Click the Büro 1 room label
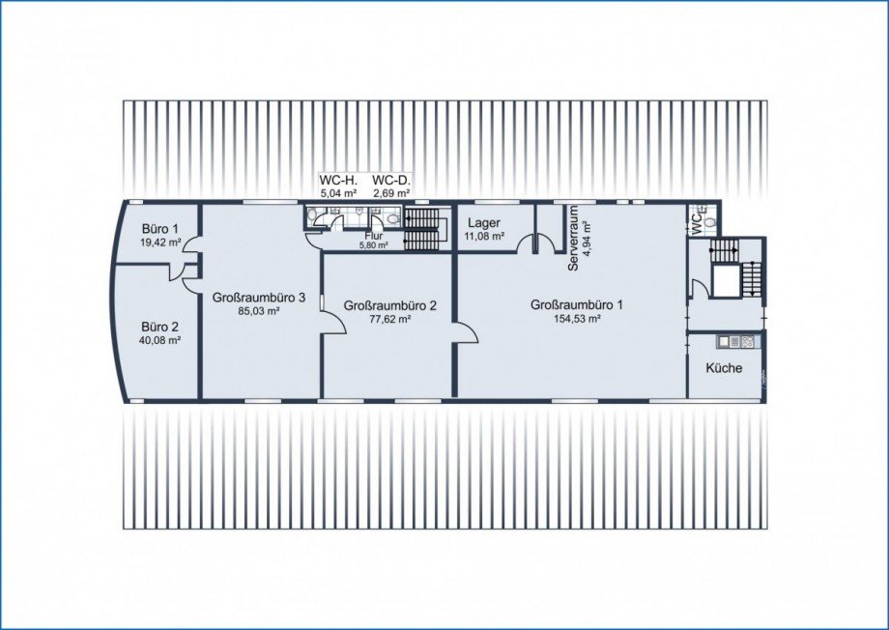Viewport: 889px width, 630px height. tap(159, 229)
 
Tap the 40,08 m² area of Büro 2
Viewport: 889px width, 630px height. tap(159, 340)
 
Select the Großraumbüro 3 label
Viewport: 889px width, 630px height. tap(260, 298)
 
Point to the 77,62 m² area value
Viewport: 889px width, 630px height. tap(390, 319)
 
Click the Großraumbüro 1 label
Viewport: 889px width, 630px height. tap(577, 304)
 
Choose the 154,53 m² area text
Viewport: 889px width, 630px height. tap(577, 319)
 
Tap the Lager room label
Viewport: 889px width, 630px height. tap(483, 223)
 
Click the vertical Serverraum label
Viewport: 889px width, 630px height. tap(573, 238)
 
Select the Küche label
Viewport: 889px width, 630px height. tap(724, 367)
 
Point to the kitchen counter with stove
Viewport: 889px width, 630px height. tap(735, 341)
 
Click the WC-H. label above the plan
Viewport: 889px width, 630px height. tap(338, 181)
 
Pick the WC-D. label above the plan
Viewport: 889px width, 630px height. tap(391, 181)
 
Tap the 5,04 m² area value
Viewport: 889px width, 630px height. tap(338, 193)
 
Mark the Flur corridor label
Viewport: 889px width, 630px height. tap(374, 236)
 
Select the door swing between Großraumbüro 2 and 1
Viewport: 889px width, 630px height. tap(466, 332)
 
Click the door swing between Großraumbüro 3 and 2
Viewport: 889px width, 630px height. tap(333, 324)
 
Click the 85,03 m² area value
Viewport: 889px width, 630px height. tap(260, 311)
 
